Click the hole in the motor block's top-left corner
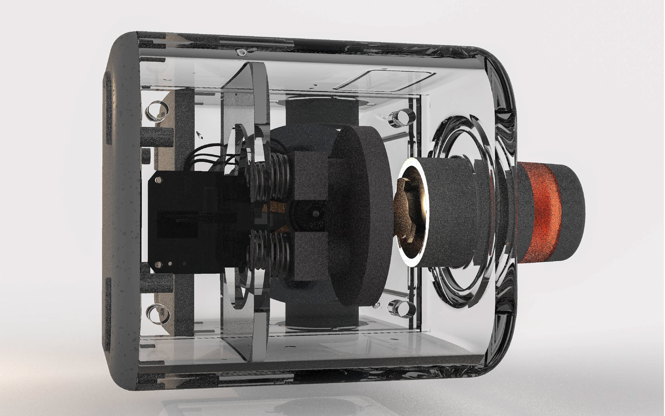[159, 180]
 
